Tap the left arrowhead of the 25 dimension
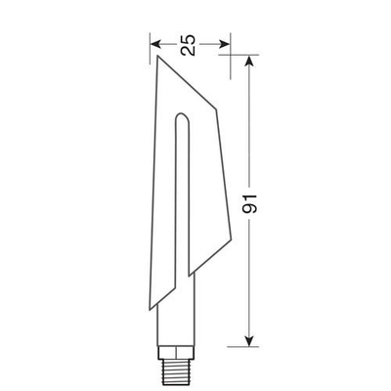154,43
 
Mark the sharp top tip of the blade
155,57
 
